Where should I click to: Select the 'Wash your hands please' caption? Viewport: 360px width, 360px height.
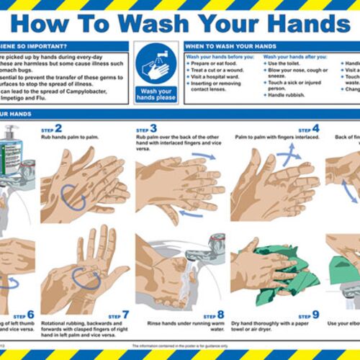(156, 95)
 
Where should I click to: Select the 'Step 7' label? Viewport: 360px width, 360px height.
(120, 314)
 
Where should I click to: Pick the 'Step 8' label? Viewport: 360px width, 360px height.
(215, 314)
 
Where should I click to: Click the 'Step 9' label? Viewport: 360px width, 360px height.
(310, 314)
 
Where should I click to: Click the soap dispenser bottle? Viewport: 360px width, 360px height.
(12, 155)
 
